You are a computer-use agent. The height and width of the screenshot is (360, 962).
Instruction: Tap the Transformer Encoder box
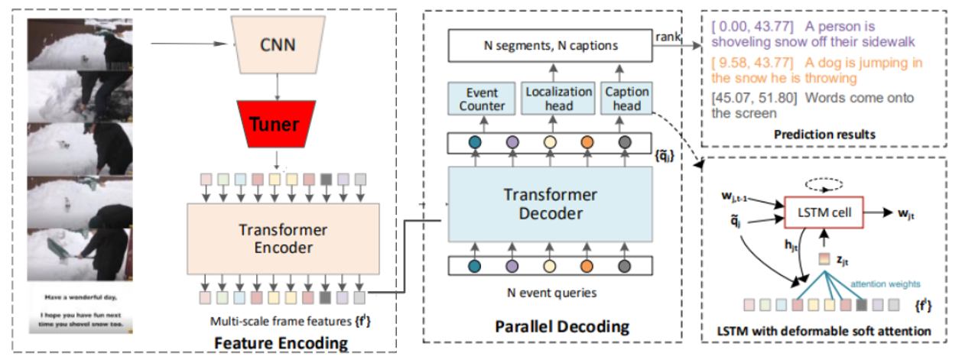click(282, 238)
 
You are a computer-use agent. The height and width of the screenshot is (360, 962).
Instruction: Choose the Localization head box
click(559, 99)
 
